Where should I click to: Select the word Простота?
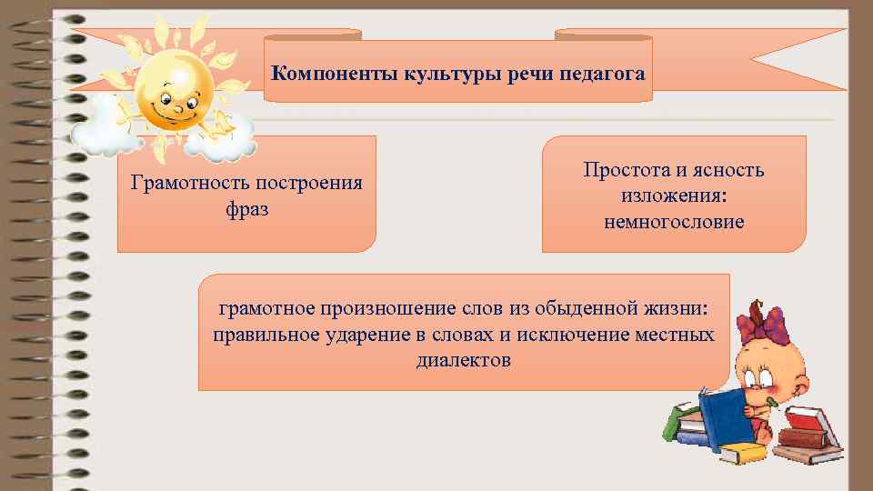coord(626,170)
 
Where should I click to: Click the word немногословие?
coord(674,221)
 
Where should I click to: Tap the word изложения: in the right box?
coord(674,195)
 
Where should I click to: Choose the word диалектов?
coord(464,361)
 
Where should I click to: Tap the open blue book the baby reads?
coord(723,419)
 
